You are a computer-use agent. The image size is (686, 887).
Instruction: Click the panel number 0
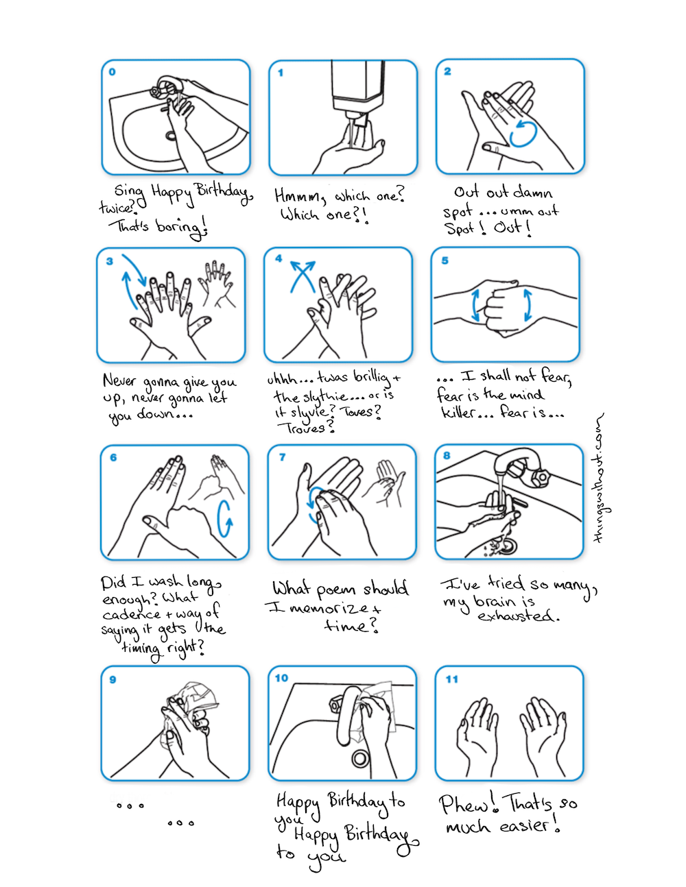tap(113, 72)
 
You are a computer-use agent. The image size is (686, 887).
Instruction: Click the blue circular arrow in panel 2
tap(523, 133)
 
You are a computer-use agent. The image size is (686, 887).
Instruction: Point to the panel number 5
tap(445, 260)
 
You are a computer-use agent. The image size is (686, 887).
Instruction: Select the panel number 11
tap(451, 679)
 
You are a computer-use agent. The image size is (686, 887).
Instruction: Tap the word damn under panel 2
tap(533, 193)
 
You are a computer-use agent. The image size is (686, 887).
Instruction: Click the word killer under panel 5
tap(458, 413)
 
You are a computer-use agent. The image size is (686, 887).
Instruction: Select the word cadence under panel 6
tap(132, 614)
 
